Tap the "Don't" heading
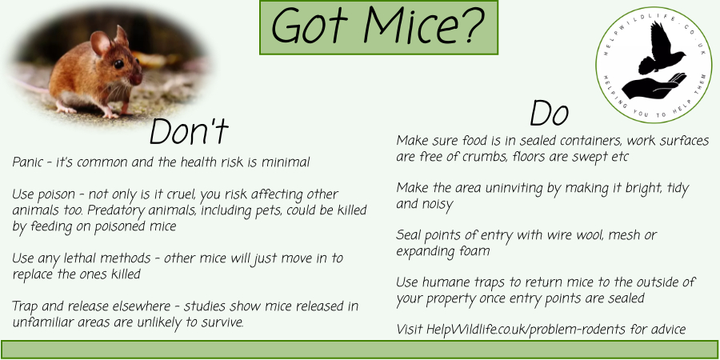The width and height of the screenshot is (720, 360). coord(189,131)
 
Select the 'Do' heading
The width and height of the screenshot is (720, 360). coord(549,114)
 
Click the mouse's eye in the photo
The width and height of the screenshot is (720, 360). coord(118,64)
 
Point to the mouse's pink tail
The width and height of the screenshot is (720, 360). coord(32,86)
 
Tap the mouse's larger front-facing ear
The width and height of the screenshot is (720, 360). coord(100,43)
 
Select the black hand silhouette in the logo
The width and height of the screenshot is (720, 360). coord(654,86)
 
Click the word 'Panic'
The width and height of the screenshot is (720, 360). coord(27,162)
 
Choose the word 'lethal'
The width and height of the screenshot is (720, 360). coord(76,258)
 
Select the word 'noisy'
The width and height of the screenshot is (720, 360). coord(438,205)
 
